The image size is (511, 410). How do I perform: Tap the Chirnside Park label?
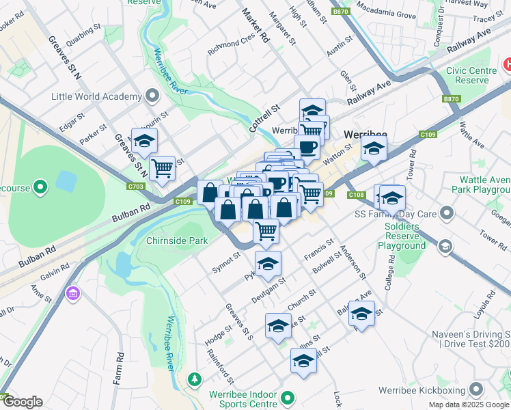pos(177,241)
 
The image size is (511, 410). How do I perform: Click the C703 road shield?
pos(136,185)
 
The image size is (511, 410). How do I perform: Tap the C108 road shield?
pos(356,195)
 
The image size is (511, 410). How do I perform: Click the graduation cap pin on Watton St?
pos(374,148)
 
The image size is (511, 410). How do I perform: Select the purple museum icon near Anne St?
pos(72,294)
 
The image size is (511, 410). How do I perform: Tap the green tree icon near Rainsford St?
pos(195,379)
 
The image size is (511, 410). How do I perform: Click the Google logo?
pos(22,402)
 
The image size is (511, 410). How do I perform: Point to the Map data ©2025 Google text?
pos(468,405)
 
